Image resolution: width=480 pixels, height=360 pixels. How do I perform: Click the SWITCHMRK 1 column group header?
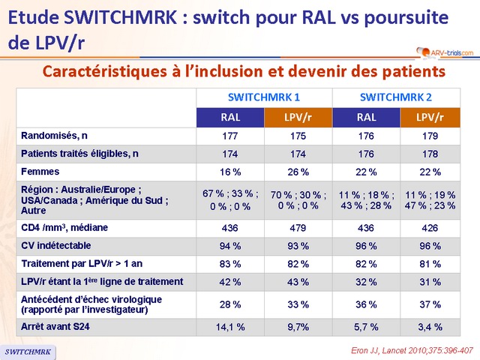(264, 97)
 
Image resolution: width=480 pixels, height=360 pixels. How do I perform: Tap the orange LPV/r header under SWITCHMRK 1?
(298, 117)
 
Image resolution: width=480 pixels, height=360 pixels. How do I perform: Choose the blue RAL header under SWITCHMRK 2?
(367, 117)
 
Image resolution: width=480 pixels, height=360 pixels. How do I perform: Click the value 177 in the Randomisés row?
(230, 136)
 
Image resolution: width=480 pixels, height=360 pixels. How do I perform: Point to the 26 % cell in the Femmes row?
(298, 172)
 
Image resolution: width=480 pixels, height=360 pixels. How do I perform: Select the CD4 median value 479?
(298, 226)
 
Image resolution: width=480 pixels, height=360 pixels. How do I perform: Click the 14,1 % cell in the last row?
(230, 326)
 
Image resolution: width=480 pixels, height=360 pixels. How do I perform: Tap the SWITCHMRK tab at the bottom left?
(28, 352)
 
